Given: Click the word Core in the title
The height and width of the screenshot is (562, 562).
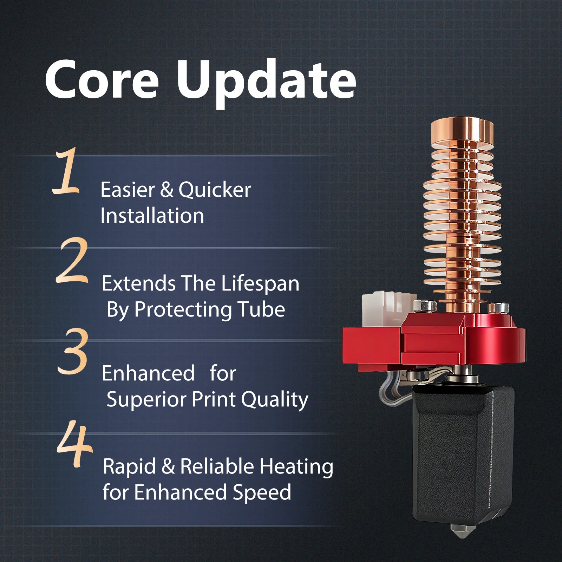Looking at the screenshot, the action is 102,80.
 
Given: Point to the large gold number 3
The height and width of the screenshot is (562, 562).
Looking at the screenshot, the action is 72,351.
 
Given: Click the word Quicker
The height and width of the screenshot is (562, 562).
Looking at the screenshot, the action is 215,190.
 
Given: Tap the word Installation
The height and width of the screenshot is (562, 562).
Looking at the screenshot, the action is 152,215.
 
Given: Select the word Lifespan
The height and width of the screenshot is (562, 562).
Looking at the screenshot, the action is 260,284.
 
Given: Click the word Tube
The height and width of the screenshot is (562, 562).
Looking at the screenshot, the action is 261,309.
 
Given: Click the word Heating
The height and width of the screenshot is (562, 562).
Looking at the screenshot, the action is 296,468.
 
